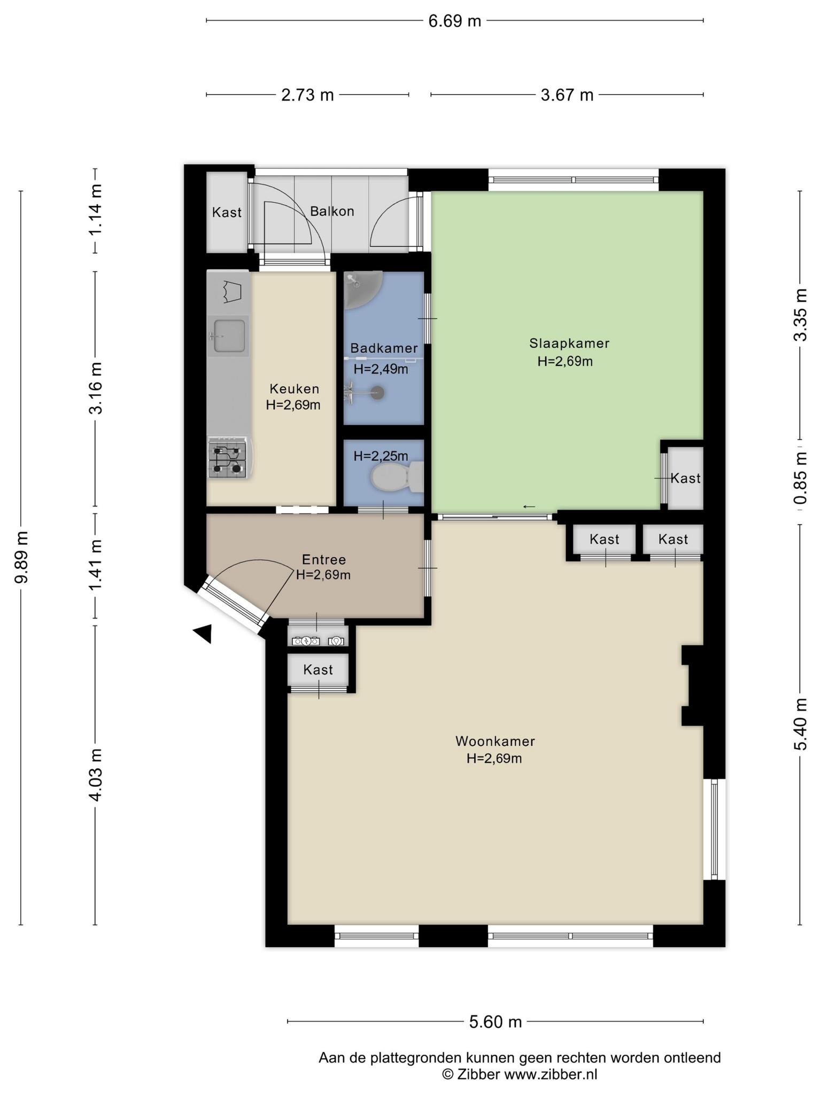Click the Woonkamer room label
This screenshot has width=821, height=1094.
495,741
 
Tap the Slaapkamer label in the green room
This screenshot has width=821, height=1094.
569,343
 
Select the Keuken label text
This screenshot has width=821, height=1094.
294,388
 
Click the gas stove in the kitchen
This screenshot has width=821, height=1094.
228,458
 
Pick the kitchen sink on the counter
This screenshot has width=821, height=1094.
229,336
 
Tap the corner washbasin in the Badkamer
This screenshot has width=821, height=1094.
361,289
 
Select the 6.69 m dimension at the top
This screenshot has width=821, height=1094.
455,21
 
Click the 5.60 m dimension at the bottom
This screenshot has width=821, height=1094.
495,1022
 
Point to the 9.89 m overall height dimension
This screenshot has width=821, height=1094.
21,557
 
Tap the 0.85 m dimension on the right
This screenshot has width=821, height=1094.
800,479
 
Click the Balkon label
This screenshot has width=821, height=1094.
332,212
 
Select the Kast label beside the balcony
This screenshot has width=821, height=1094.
227,213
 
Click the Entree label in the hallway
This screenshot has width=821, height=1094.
324,559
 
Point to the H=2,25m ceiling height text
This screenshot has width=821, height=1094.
381,456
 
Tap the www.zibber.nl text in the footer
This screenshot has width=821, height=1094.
551,1074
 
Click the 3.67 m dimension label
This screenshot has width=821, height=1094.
567,95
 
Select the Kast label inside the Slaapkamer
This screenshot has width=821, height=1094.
685,478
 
